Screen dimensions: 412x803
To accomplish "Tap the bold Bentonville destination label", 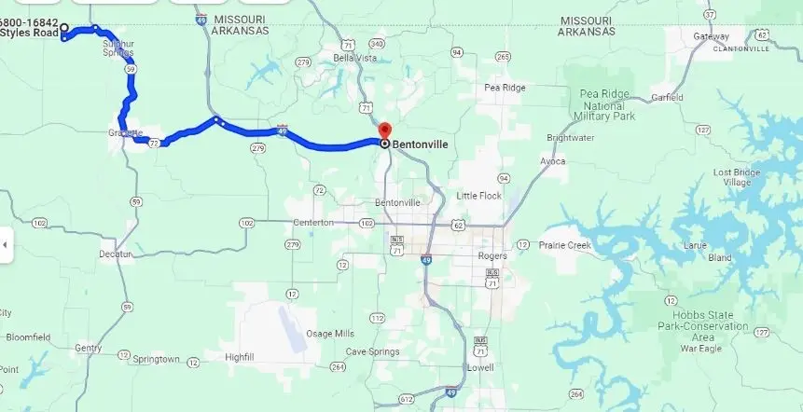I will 420,144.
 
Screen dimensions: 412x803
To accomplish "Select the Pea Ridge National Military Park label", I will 606,104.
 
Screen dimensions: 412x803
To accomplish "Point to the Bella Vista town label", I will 355,58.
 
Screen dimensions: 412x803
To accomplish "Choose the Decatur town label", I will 117,254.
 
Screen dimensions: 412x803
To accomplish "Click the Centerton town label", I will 312,223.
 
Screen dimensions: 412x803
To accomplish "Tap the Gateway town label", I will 711,36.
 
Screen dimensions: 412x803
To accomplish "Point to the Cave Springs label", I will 373,351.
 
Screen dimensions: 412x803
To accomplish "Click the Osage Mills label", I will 330,333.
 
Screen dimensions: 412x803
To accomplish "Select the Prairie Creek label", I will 565,245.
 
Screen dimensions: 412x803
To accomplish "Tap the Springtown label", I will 156,359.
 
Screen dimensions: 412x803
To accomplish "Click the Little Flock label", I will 479,196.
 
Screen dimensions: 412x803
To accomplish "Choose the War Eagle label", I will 700,349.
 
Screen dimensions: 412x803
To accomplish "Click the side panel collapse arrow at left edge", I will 5,245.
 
